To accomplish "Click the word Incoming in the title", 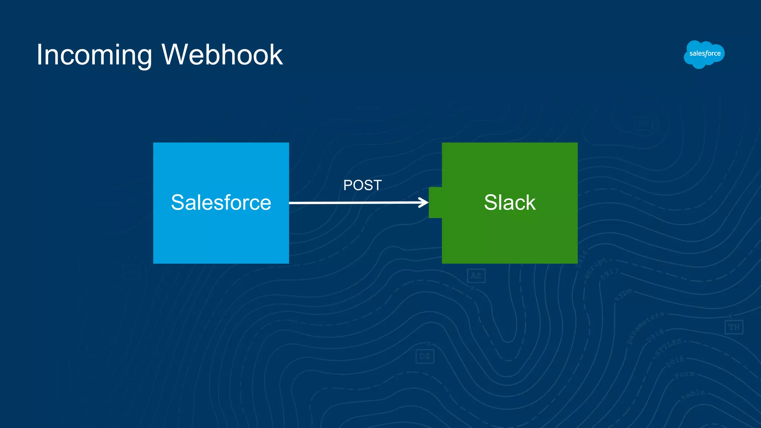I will tap(94, 55).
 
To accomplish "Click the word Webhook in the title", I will tap(222, 55).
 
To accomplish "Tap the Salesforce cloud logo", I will tap(704, 54).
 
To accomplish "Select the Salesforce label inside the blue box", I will tap(221, 202).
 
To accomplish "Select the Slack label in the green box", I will tap(509, 202).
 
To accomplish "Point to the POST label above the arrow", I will tap(362, 185).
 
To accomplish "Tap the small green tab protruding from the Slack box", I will tap(435, 202).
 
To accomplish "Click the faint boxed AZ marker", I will tap(476, 276).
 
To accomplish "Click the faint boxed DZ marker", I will tap(424, 356).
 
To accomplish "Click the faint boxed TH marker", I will tap(734, 327).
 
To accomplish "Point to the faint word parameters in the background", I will tap(645, 327).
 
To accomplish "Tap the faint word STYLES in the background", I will tap(668, 347).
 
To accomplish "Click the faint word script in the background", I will tap(595, 267).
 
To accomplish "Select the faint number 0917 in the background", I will tap(609, 274).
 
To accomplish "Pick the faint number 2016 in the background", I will tap(675, 361).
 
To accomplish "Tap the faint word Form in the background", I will tap(684, 374).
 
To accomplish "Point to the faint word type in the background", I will tap(623, 294).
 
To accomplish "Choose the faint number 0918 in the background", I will tap(655, 335).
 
